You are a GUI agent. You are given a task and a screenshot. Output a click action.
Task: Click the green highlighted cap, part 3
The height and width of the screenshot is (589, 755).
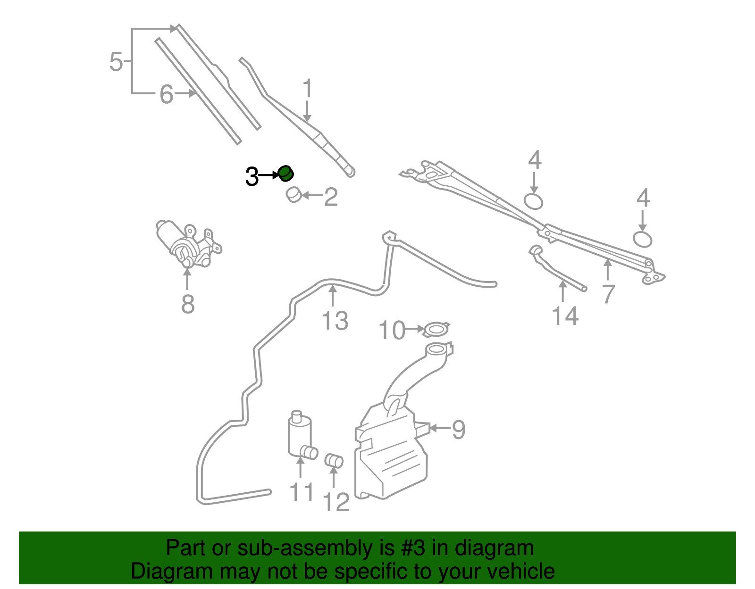point(286,174)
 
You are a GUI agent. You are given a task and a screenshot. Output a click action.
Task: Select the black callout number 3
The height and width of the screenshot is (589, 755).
point(252,176)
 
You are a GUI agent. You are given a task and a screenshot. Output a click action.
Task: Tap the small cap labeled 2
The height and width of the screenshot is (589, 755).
point(294,195)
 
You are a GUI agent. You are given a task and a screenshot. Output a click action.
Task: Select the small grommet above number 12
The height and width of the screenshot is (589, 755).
point(334,460)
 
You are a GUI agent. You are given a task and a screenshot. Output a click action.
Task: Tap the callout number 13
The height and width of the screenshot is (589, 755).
point(335,320)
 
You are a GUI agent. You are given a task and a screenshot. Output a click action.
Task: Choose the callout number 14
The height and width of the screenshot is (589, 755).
point(565,316)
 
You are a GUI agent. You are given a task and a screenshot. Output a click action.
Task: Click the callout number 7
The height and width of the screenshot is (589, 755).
point(608,294)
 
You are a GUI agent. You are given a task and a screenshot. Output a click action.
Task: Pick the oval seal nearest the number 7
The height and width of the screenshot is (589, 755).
point(642,239)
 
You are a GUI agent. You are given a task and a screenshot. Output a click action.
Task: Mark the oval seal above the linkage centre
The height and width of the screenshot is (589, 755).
point(533,201)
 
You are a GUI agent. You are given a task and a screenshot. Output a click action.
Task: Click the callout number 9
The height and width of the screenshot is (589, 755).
point(459,429)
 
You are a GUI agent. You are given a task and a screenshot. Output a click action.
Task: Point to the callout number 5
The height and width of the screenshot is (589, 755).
point(116,61)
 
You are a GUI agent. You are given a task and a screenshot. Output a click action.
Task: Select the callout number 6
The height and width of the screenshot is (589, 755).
point(167,94)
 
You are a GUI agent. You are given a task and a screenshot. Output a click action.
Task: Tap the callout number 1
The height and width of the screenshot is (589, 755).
point(308,89)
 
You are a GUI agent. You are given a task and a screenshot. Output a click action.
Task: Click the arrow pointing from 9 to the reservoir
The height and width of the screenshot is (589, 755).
point(440,428)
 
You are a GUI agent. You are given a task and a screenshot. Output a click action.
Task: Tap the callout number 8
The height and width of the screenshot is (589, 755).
point(188,304)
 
